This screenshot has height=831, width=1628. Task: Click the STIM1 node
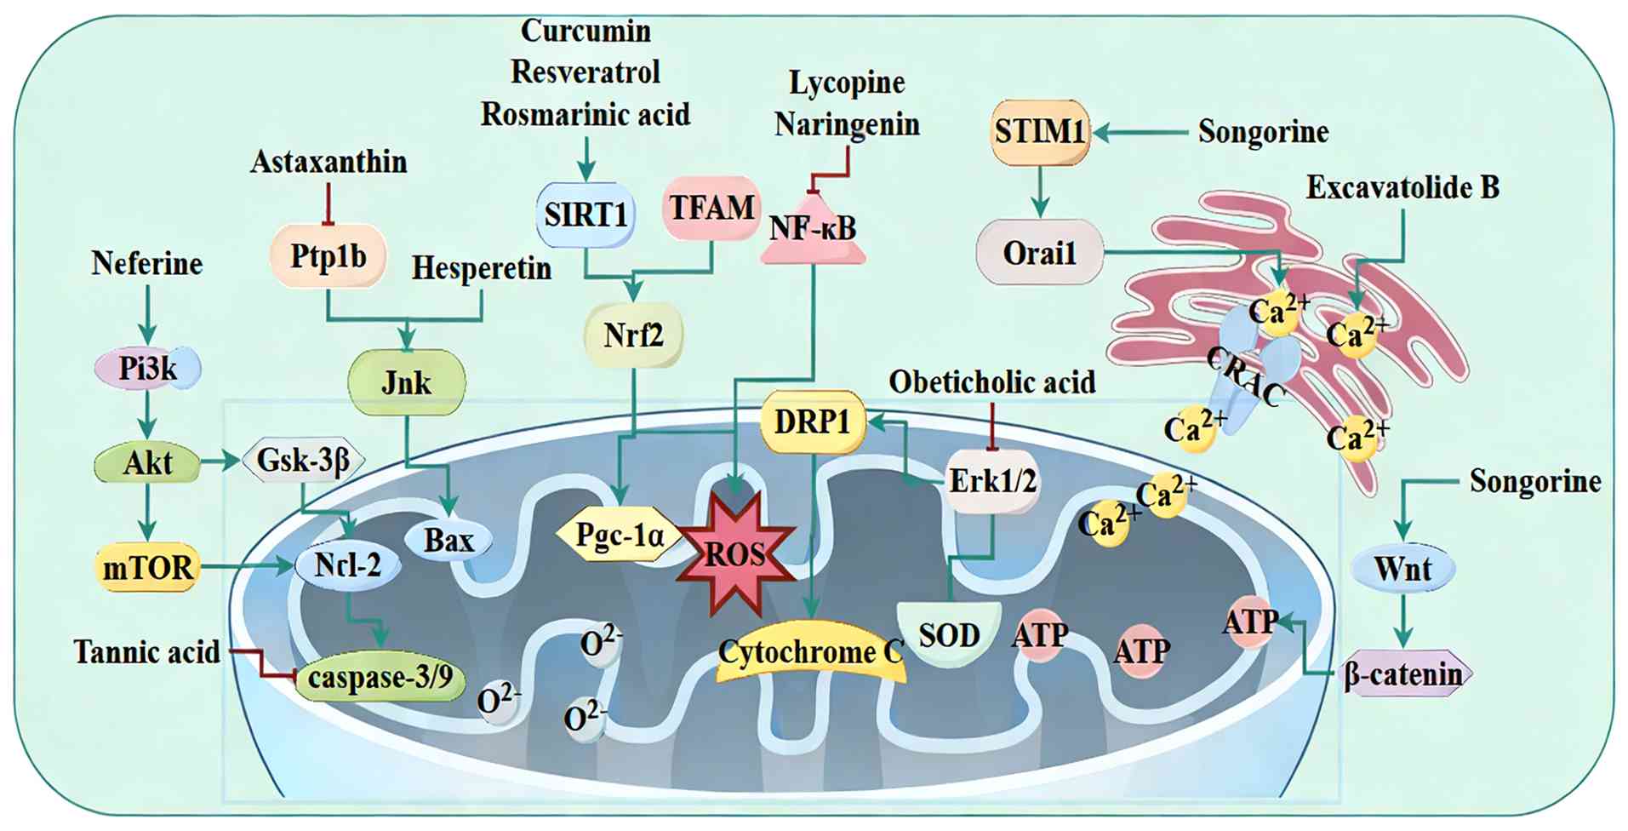coord(1040,132)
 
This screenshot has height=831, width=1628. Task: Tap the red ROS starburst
coord(735,554)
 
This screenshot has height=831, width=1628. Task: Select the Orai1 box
coord(1039,253)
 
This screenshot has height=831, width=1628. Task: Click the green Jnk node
coord(406,382)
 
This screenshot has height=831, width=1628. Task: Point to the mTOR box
coord(148,567)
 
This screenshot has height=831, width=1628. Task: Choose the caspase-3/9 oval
coord(380,678)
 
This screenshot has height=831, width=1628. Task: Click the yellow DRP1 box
coord(812,421)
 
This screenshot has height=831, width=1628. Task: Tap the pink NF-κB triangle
coord(813,229)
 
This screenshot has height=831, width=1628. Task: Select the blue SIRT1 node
coord(586,215)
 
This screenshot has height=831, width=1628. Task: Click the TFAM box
coord(711,208)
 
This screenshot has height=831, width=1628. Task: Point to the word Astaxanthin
coord(328,162)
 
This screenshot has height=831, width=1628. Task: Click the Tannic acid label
coord(146,652)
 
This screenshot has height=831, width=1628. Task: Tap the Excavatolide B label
coord(1402,187)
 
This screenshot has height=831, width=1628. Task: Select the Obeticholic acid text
coord(992,382)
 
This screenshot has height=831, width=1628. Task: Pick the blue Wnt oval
coord(1402,568)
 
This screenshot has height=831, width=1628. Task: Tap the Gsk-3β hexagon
coord(304,461)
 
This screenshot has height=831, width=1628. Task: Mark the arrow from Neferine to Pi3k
coord(148,315)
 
